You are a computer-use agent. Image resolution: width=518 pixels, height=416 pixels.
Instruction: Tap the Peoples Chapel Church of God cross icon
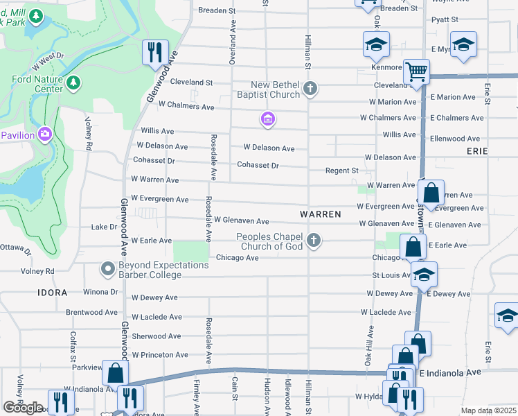tap(314, 241)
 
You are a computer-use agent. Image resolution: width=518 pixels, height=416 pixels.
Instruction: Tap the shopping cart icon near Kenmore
tap(416, 71)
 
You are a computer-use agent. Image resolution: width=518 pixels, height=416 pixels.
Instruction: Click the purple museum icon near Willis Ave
tap(268, 120)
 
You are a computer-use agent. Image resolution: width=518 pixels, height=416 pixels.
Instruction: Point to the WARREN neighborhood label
tap(321, 214)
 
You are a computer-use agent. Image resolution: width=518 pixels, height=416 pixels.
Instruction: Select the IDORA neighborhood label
tap(53, 293)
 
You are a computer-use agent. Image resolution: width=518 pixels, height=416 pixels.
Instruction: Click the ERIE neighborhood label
tap(477, 150)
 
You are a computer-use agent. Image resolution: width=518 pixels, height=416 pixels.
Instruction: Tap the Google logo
tap(23, 407)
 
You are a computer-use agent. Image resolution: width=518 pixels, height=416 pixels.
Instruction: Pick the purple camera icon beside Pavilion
tap(46, 133)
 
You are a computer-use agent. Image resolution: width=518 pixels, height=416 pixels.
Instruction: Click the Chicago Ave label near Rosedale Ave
tap(237, 258)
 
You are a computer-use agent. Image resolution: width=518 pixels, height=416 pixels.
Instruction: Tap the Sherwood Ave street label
tap(157, 336)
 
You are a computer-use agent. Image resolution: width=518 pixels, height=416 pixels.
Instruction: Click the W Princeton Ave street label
tap(159, 355)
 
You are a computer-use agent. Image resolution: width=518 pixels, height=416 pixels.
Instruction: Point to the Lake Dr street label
tap(104, 227)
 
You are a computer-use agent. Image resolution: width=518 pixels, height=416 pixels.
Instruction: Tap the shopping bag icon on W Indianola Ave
tap(115, 372)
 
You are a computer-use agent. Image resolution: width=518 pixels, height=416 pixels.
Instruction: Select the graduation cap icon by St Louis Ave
tap(423, 274)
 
